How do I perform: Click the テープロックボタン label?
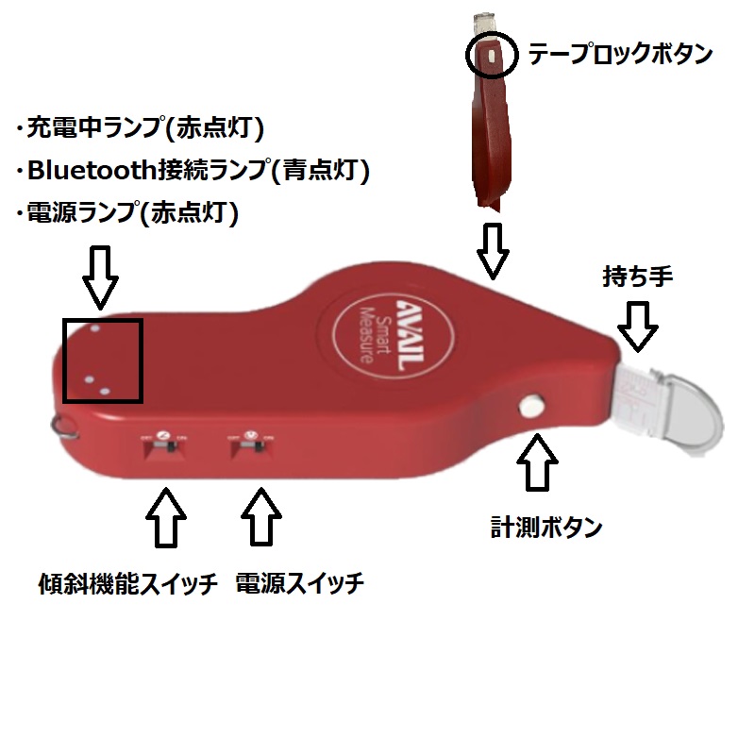pyautogui.click(x=619, y=54)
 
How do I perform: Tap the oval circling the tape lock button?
pyautogui.click(x=492, y=56)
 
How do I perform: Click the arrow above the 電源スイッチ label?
pyautogui.click(x=262, y=515)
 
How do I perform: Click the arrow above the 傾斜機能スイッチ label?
pyautogui.click(x=166, y=515)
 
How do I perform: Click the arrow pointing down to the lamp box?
pyautogui.click(x=101, y=277)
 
